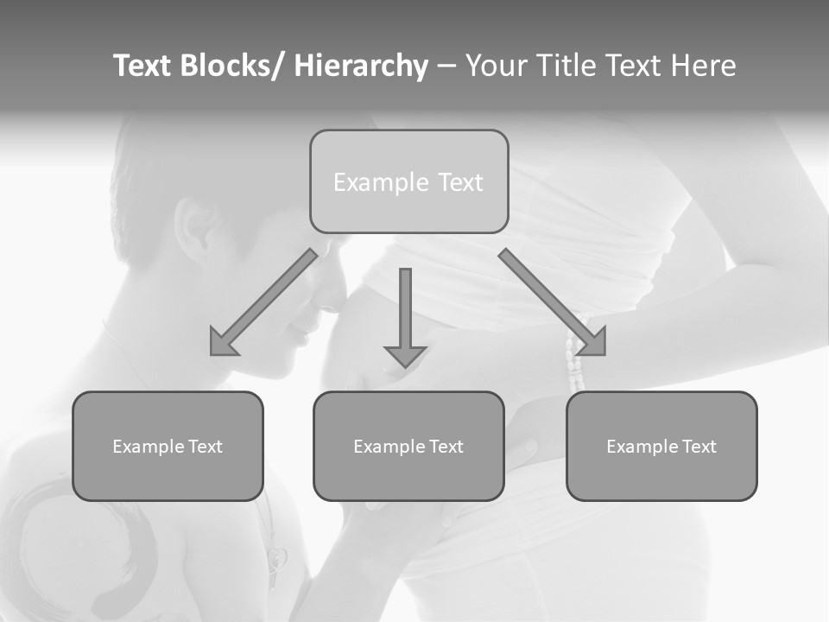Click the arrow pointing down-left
(x=263, y=303)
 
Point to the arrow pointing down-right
(x=553, y=302)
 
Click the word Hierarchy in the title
(x=360, y=66)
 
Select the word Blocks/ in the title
(x=232, y=66)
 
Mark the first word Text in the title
(x=143, y=66)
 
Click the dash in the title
(x=446, y=67)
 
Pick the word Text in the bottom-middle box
(x=445, y=447)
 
